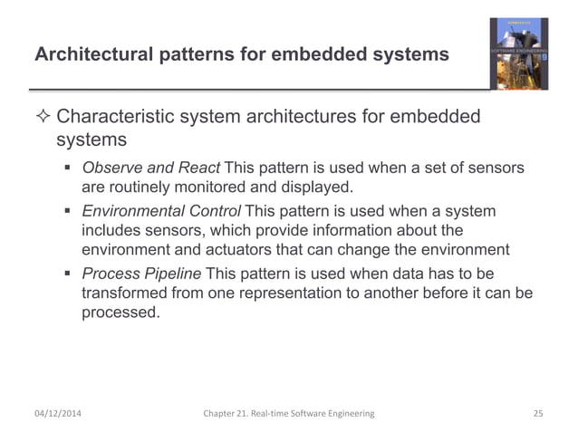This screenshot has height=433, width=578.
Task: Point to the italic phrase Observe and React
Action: [150, 168]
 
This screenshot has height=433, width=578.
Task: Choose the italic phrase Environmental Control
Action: [161, 211]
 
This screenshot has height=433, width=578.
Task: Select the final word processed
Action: [120, 313]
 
